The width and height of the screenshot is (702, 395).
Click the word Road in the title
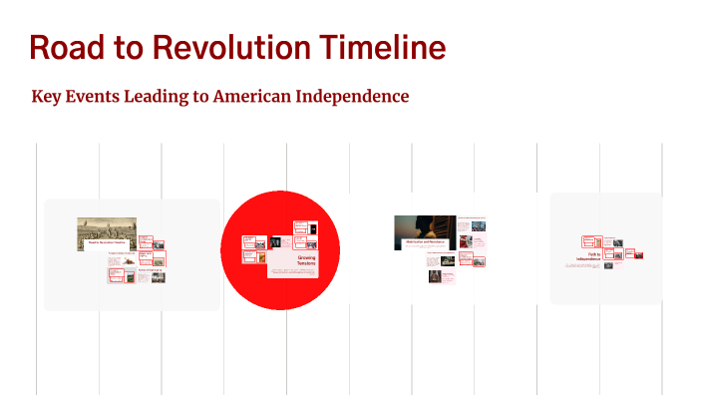(x=64, y=47)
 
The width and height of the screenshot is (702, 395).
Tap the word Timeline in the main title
(x=382, y=47)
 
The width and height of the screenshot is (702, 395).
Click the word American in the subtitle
(x=262, y=97)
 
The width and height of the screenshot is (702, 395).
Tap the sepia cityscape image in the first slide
(x=106, y=232)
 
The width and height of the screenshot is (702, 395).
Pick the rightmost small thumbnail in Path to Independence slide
(x=638, y=255)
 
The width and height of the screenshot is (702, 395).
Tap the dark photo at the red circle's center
(x=274, y=242)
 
